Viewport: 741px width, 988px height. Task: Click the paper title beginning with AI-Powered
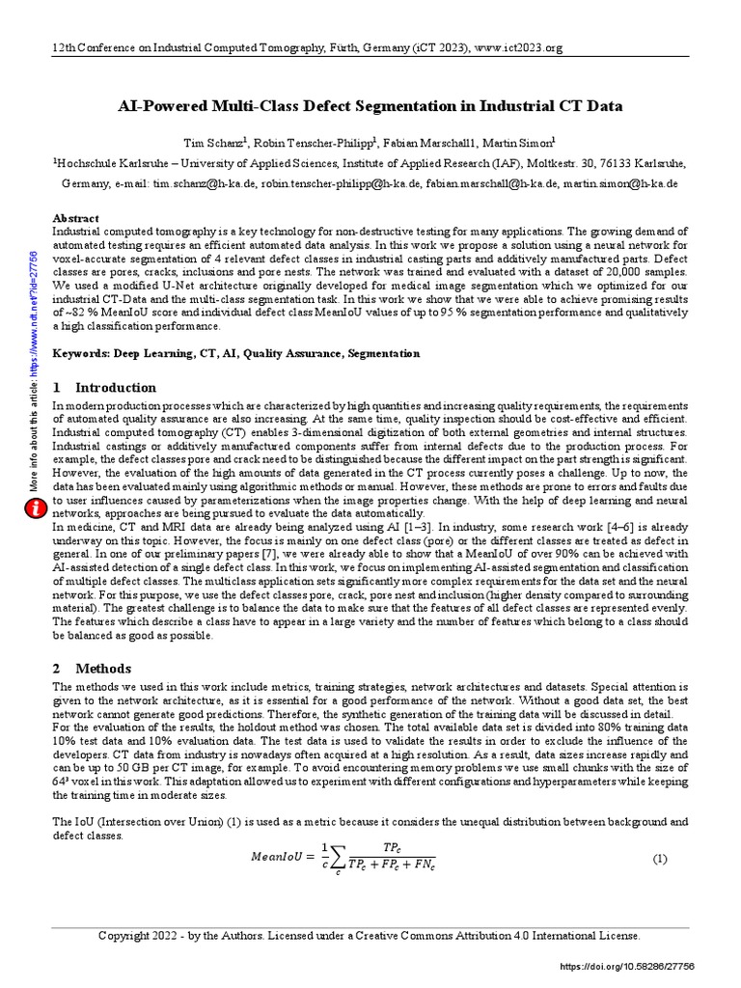(x=370, y=105)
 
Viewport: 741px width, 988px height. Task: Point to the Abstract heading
(x=75, y=219)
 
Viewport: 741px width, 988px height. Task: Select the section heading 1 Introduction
(x=103, y=388)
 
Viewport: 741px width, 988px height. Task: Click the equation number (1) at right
(x=660, y=859)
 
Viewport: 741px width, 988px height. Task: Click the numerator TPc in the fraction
(x=392, y=846)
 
